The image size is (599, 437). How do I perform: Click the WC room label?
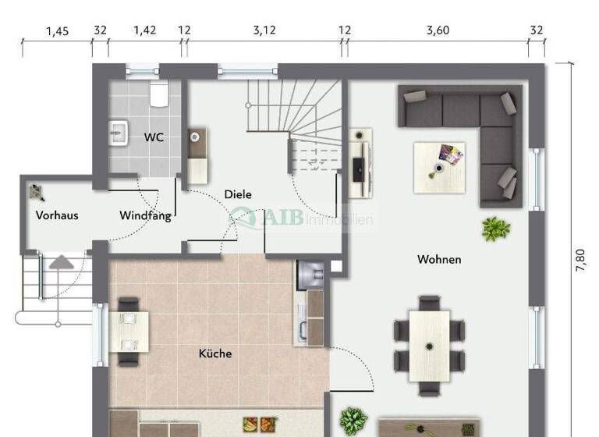tap(154, 137)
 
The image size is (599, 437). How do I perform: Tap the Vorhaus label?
tap(57, 215)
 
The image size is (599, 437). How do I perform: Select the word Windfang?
tap(145, 215)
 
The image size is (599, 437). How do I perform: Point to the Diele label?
tap(238, 194)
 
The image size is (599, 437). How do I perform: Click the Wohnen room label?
tap(439, 259)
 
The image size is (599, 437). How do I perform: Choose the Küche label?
tap(215, 354)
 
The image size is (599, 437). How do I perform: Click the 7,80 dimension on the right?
tap(582, 260)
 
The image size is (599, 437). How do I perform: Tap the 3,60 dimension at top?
tap(438, 30)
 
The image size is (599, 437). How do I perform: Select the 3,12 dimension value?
tap(264, 30)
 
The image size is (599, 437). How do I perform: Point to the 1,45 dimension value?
tap(57, 30)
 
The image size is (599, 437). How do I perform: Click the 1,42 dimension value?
tap(144, 30)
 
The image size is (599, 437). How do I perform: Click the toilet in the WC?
tap(159, 95)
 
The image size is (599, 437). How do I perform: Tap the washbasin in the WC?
tap(119, 133)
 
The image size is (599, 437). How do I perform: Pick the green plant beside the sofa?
tap(495, 229)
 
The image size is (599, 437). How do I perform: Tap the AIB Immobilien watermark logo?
tap(300, 219)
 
